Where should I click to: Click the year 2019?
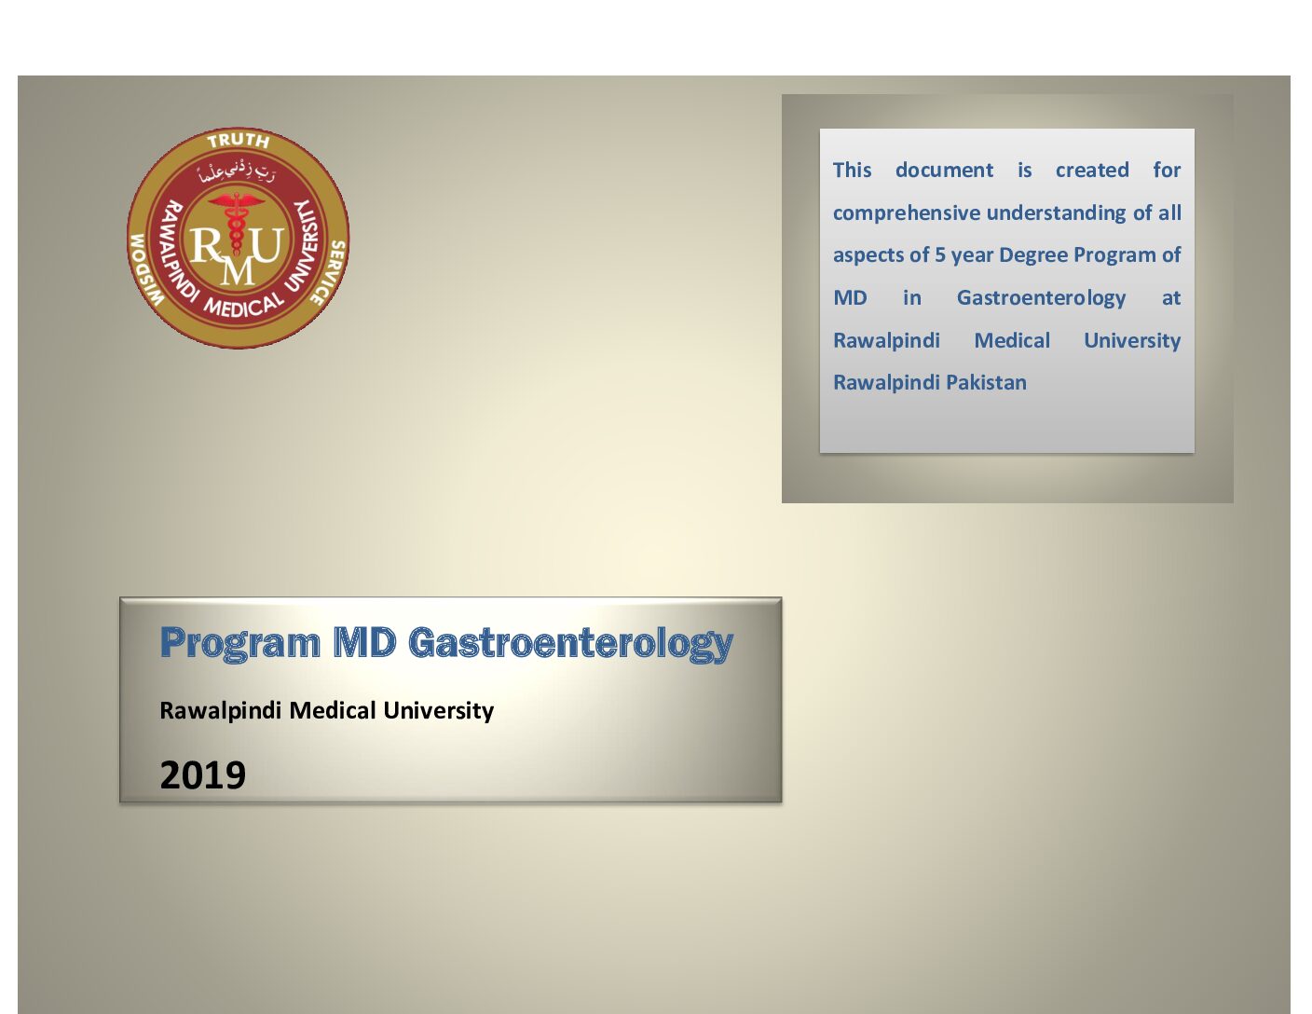203,774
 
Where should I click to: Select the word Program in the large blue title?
239,644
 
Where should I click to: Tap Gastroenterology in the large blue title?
570,644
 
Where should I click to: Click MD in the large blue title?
364,642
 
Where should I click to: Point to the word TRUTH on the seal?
238,141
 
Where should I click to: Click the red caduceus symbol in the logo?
237,222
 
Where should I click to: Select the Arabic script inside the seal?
238,172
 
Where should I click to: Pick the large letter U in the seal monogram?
268,244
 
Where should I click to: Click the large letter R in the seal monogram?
206,246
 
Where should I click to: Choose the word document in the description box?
944,170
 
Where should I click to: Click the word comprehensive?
907,213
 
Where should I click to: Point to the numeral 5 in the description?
940,254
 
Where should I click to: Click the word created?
1092,170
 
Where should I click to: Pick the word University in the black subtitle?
438,711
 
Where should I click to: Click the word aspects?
864,256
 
